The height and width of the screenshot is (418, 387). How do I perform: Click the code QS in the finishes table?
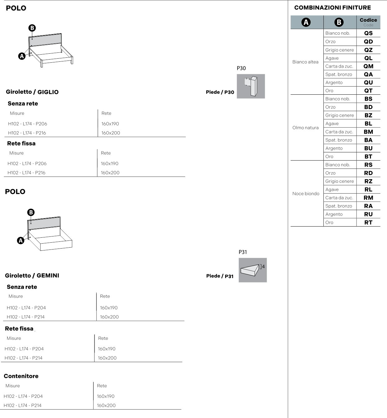(368, 33)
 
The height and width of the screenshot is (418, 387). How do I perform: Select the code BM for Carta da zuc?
(368, 132)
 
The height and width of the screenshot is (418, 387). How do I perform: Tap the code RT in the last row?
(368, 222)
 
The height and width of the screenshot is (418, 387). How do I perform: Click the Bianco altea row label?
(305, 62)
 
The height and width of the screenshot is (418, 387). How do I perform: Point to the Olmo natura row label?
(305, 128)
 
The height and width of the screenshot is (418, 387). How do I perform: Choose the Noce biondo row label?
(306, 193)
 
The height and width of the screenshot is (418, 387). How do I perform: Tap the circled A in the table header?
(306, 22)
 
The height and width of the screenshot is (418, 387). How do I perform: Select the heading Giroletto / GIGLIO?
(32, 92)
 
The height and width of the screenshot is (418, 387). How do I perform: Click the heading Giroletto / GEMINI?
(32, 276)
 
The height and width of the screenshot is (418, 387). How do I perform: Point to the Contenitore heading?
(21, 376)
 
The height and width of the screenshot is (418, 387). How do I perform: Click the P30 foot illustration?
(251, 86)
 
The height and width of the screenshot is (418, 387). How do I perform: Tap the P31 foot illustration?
(253, 270)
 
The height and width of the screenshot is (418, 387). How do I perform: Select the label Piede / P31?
(220, 276)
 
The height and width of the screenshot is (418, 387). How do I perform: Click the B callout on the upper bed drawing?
(32, 28)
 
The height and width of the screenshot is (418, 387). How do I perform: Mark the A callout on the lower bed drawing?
(20, 240)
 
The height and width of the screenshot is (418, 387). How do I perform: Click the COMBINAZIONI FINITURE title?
(332, 8)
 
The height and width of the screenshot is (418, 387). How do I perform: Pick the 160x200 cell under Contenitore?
(106, 405)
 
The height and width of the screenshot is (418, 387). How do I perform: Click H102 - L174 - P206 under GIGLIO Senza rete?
(28, 124)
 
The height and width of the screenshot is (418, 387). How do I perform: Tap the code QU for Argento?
(368, 83)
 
